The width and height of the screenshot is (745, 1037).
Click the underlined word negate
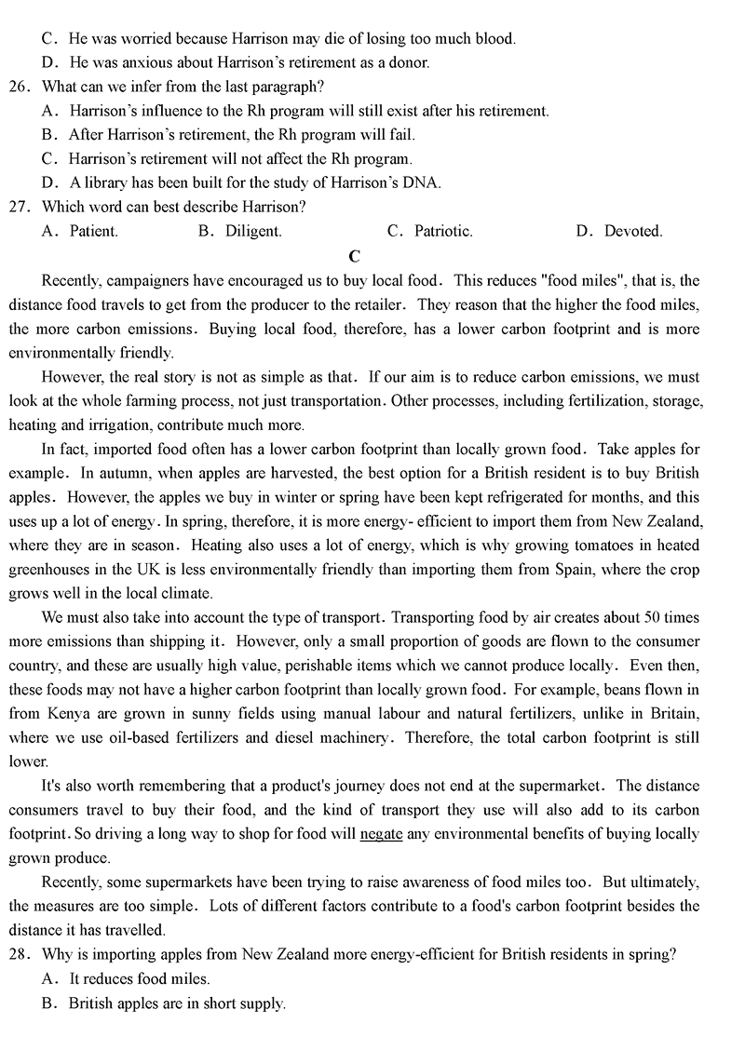[381, 834]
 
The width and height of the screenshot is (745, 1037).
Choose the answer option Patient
[93, 232]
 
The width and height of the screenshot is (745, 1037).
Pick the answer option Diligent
[252, 232]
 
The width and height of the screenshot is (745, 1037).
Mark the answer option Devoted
[632, 232]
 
